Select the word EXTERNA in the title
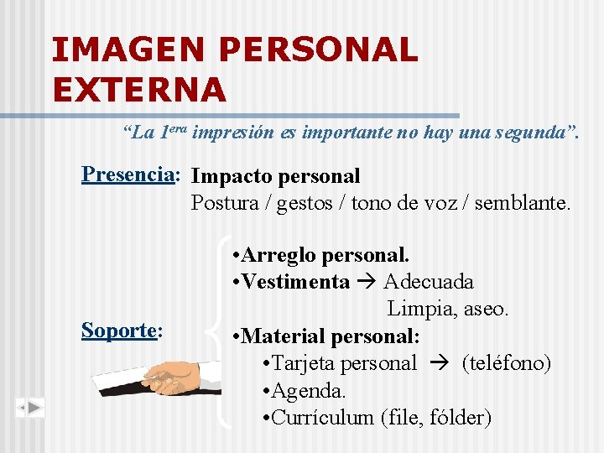(x=138, y=88)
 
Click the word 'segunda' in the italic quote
(x=527, y=133)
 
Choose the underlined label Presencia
(x=128, y=174)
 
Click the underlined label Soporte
(x=118, y=331)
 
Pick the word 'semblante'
(x=521, y=203)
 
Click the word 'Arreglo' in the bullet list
(x=278, y=254)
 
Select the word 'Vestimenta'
(x=294, y=282)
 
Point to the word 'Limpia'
(x=419, y=309)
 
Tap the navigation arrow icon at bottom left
(x=30, y=409)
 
